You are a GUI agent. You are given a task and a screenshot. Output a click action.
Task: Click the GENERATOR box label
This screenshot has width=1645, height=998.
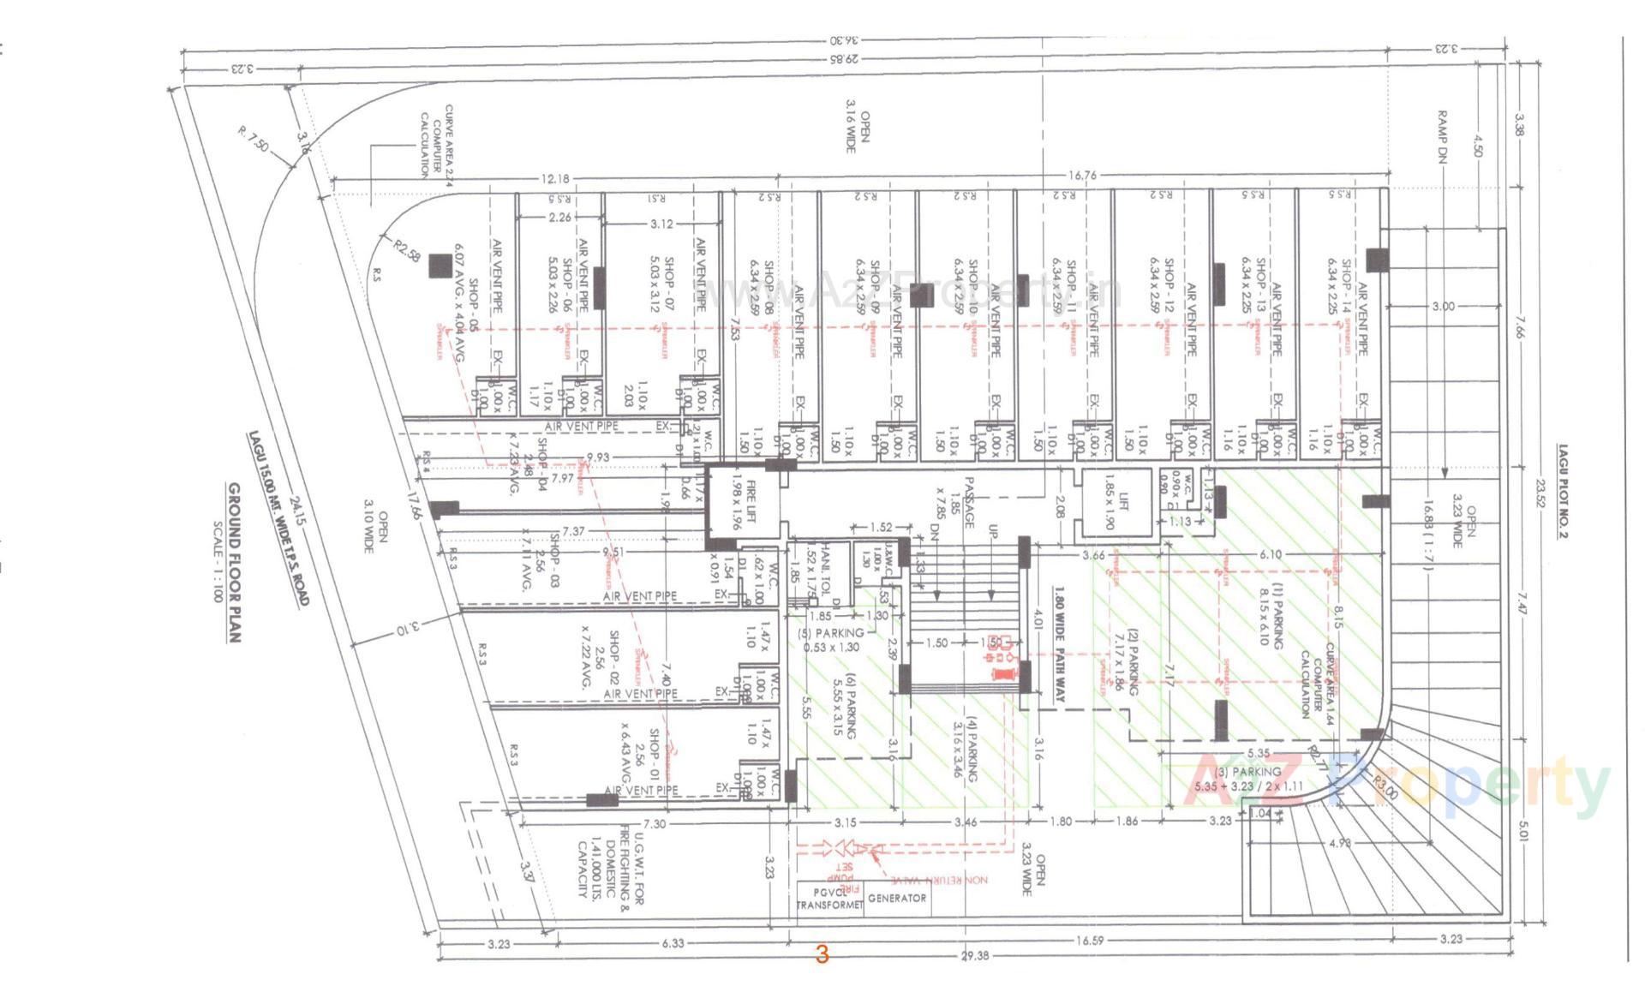pyautogui.click(x=896, y=899)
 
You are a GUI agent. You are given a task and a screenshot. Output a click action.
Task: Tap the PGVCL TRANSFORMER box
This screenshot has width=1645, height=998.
pyautogui.click(x=828, y=899)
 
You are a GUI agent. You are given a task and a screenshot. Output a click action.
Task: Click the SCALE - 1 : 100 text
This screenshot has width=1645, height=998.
pyautogui.click(x=217, y=562)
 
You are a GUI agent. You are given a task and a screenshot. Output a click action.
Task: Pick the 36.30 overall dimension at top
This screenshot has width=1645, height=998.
pyautogui.click(x=844, y=41)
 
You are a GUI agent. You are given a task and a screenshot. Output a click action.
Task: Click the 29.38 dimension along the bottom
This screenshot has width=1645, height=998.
pyautogui.click(x=974, y=955)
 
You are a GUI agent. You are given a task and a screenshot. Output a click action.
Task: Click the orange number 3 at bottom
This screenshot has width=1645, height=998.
pyautogui.click(x=822, y=954)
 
